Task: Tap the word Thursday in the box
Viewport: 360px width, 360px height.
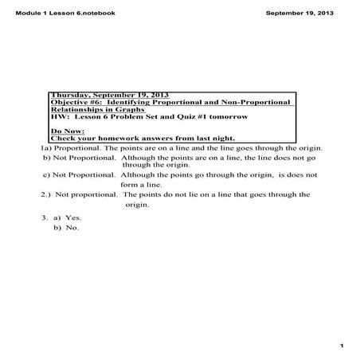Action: click(x=69, y=95)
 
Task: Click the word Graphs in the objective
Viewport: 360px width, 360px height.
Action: click(x=131, y=110)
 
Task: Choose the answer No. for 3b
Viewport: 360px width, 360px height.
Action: click(x=72, y=228)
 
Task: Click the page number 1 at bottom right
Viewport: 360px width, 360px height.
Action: click(x=339, y=346)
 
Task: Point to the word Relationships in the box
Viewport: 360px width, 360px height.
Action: click(x=80, y=110)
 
